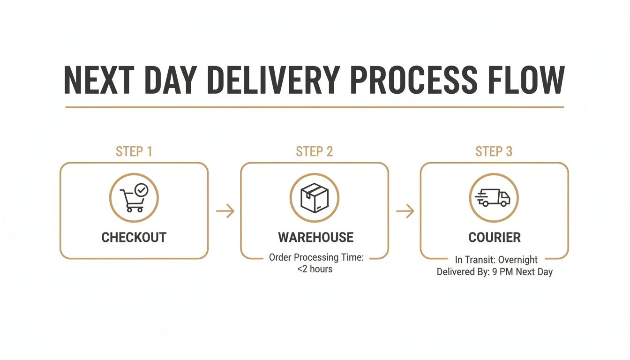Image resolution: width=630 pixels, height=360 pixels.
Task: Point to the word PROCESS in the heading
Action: click(x=413, y=81)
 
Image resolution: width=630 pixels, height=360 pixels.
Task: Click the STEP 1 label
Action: click(x=134, y=151)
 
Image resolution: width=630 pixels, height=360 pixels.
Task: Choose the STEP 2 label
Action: click(x=314, y=151)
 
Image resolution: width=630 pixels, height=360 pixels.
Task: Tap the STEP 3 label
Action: click(x=494, y=151)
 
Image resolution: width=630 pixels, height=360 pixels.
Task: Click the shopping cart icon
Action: click(x=132, y=201)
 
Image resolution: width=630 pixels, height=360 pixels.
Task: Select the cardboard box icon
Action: click(x=314, y=197)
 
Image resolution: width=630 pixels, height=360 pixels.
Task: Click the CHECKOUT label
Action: click(x=134, y=237)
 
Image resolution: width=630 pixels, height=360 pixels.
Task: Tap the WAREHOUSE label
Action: click(x=315, y=237)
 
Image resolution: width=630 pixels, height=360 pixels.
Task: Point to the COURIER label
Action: click(x=495, y=237)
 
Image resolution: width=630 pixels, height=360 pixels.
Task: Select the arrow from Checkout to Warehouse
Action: click(x=225, y=211)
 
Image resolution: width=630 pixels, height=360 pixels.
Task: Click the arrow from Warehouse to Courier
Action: click(x=405, y=211)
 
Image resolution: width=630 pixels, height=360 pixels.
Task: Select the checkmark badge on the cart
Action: click(x=141, y=190)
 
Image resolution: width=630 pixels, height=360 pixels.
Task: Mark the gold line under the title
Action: click(x=314, y=107)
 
